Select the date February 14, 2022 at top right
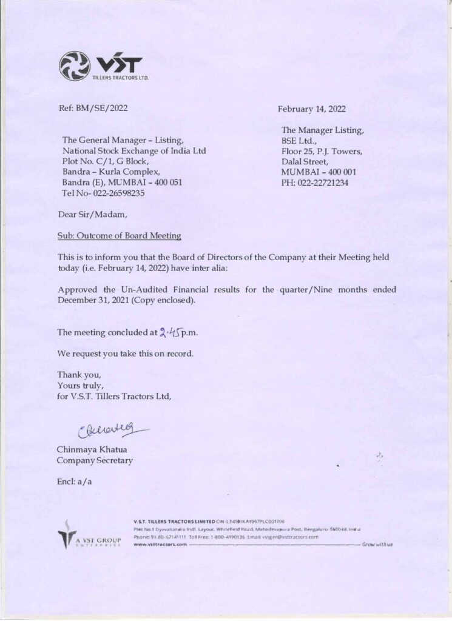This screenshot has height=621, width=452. (311, 109)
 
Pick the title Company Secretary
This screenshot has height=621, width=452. (95, 460)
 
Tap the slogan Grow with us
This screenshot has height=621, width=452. (377, 544)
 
